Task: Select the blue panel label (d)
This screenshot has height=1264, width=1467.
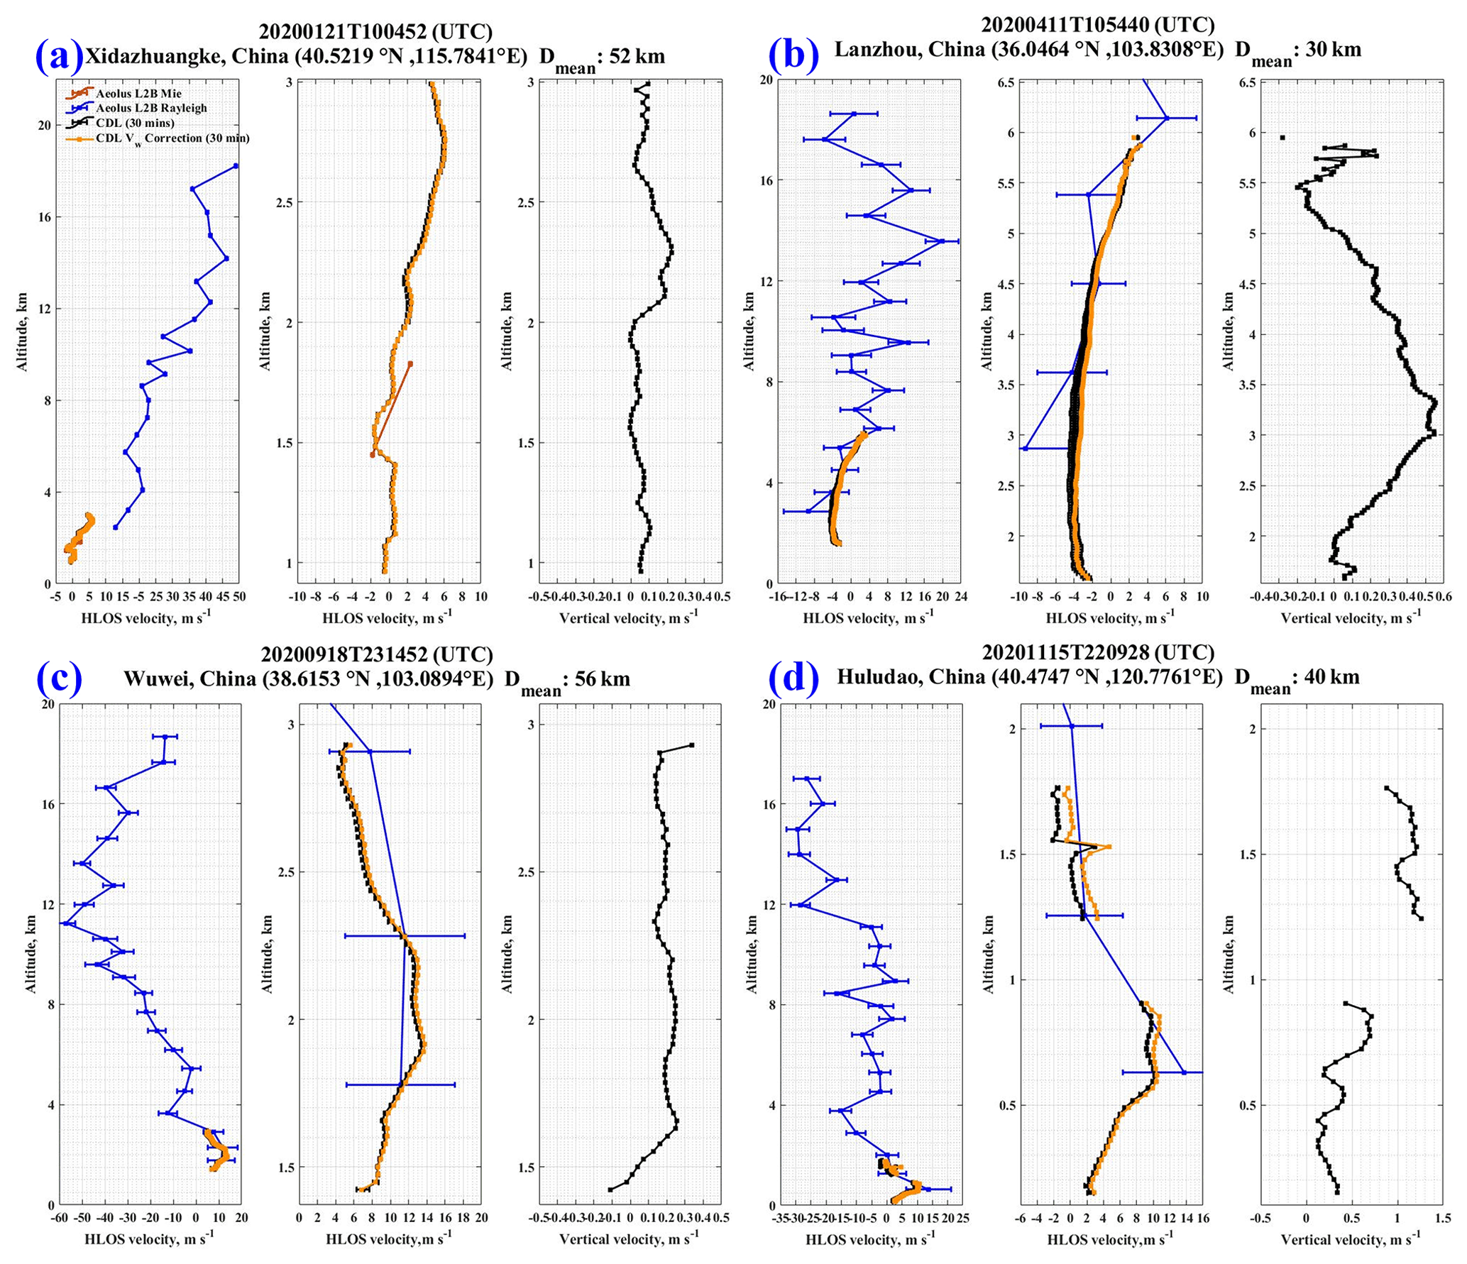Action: (x=793, y=677)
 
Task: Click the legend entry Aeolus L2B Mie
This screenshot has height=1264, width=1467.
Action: (x=138, y=94)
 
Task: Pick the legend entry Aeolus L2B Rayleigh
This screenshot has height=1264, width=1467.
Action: (x=151, y=109)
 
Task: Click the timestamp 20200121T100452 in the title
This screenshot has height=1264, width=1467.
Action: (x=343, y=31)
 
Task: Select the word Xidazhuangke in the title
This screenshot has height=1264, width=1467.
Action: (x=156, y=57)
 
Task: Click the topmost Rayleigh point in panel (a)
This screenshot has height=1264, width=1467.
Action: (x=236, y=166)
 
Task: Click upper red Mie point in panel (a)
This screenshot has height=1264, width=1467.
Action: (x=410, y=364)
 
